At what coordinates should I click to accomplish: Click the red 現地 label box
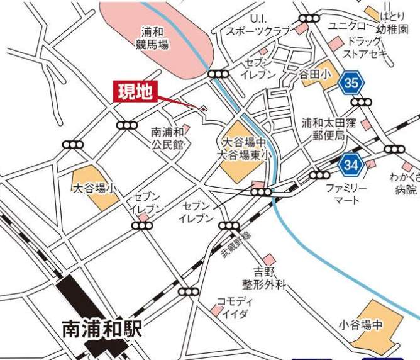point(136,93)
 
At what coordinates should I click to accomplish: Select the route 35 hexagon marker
point(353,82)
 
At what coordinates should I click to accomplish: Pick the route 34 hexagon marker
point(352,166)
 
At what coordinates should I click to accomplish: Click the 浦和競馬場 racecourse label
point(152,37)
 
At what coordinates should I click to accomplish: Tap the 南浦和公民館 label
point(167,138)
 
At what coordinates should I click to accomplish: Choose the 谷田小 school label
point(314,74)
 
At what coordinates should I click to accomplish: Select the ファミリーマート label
point(343,194)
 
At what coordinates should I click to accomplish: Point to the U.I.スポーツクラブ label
point(259,26)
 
